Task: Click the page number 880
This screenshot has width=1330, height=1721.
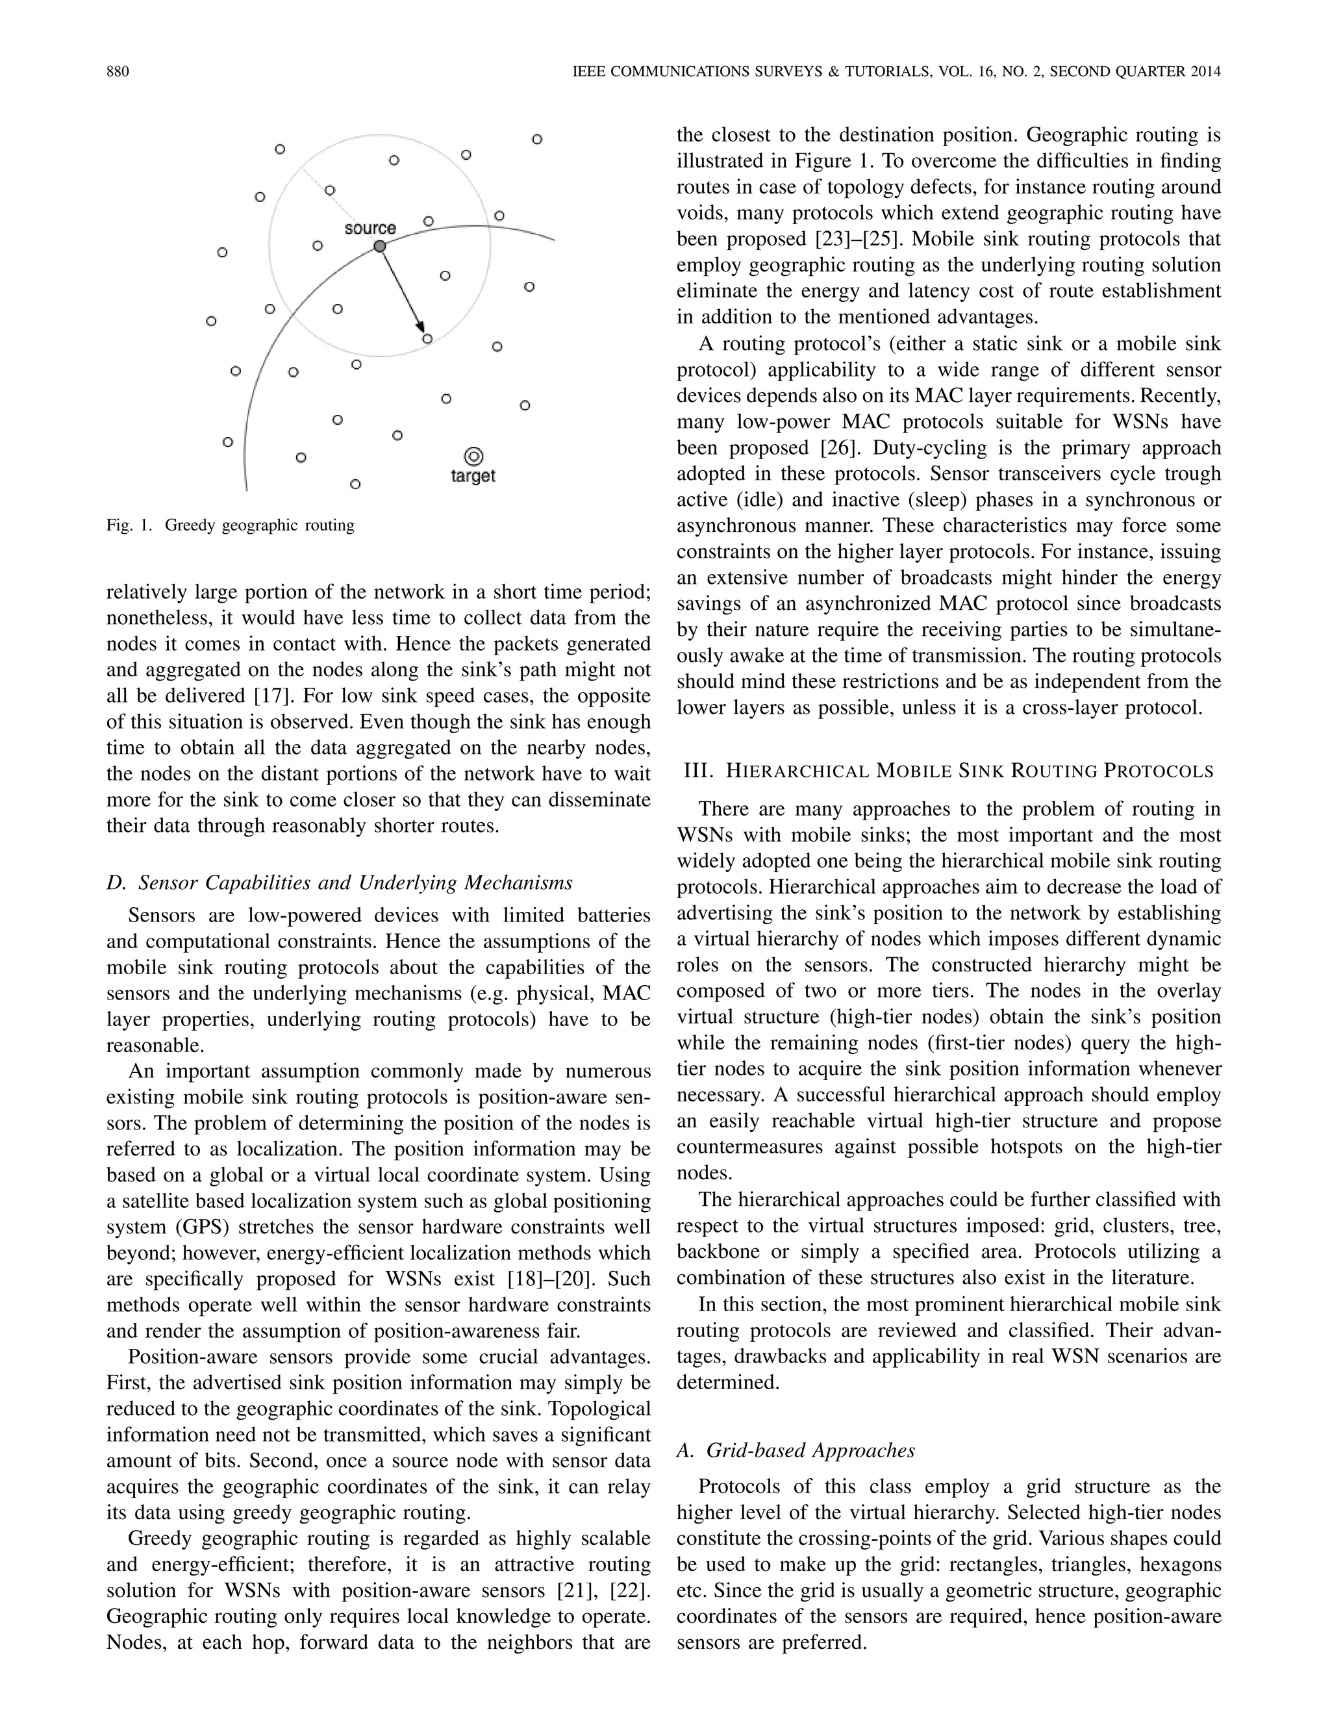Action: (x=118, y=71)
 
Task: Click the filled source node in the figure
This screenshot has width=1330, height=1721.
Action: (x=380, y=247)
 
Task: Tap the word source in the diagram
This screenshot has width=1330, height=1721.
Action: (x=370, y=229)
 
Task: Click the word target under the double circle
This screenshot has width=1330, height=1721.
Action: (x=473, y=477)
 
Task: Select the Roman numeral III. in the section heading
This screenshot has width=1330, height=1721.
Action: (x=697, y=771)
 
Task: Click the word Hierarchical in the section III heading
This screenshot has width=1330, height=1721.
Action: (x=796, y=772)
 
